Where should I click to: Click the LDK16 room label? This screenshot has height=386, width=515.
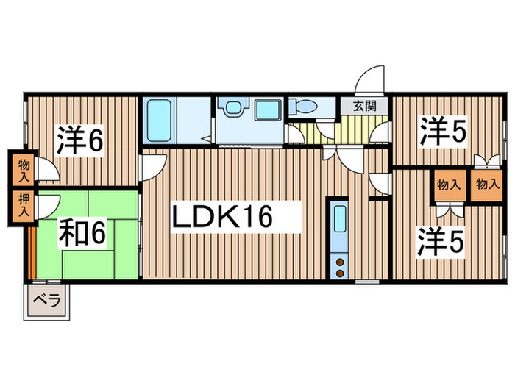222,217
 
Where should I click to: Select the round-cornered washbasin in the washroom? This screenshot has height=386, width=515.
233,109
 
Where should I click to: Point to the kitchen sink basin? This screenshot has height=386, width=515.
340,221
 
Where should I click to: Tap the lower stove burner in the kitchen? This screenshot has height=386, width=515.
340,271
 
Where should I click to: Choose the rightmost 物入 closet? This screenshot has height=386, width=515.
485,185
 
